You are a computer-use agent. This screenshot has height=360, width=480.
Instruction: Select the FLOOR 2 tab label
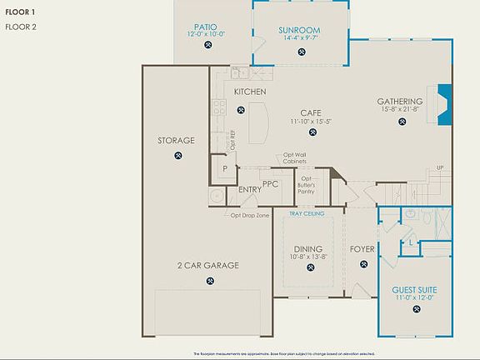21,27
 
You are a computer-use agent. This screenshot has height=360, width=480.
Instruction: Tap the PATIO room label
206,27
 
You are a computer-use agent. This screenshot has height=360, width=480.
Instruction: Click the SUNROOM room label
299,31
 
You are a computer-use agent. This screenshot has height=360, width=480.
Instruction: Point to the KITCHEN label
250,91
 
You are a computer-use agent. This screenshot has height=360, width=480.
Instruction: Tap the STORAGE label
176,141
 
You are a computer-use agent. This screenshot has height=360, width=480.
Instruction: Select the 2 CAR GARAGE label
207,266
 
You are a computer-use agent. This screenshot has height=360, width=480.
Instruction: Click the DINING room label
307,248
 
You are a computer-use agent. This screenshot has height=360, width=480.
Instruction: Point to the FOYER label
362,248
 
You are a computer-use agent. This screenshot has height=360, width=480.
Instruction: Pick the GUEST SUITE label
414,289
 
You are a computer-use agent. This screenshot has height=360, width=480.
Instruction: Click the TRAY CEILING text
307,213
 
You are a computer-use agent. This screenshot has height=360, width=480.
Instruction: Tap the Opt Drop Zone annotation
250,215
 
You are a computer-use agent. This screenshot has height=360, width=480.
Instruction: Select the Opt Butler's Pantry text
307,184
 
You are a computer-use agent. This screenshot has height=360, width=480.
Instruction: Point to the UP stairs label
440,168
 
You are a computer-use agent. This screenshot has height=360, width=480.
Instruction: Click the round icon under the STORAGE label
177,155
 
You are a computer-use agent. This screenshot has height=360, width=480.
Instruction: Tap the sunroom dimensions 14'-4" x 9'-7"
299,39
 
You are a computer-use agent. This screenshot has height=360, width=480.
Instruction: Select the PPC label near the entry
270,184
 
